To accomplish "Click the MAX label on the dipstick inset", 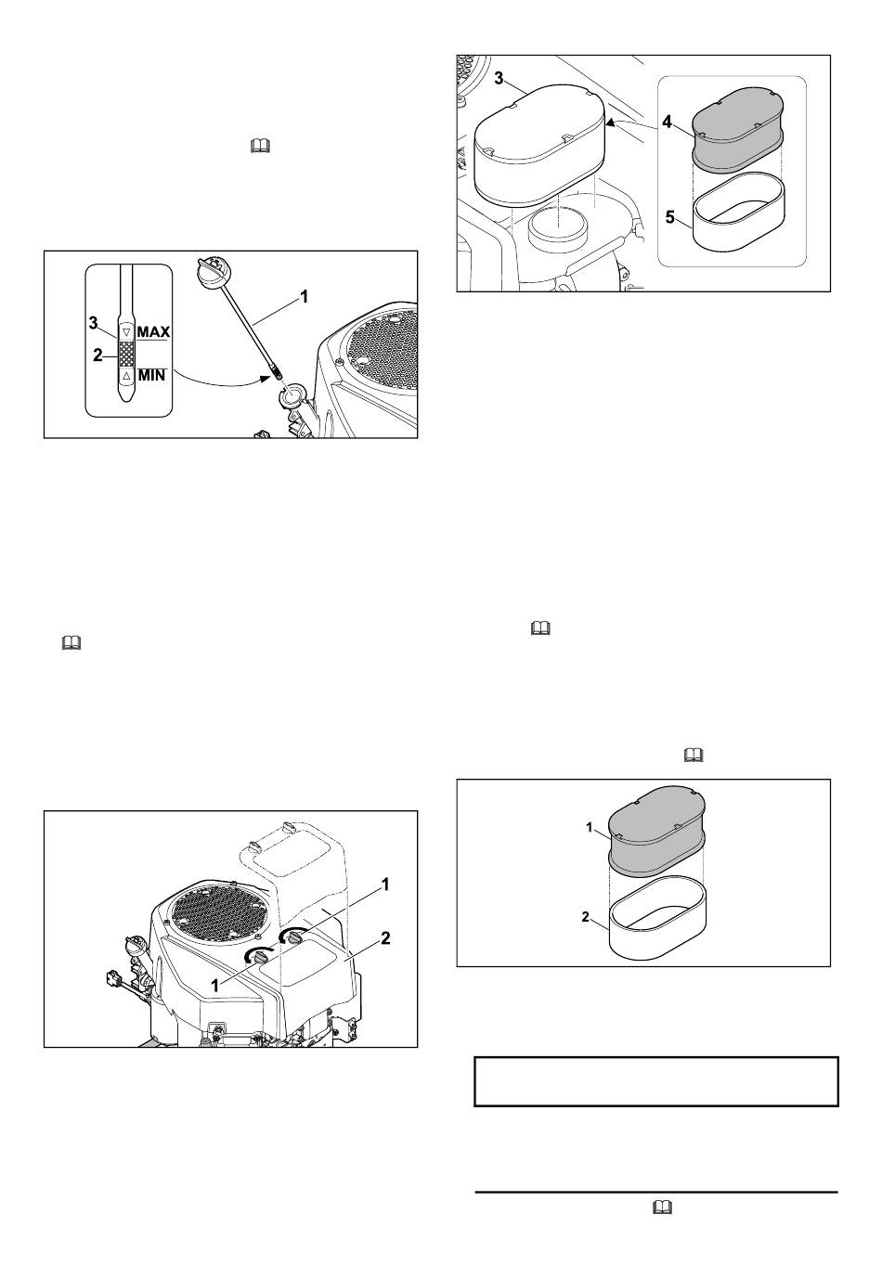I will [x=153, y=331].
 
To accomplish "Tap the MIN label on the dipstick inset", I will [x=151, y=376].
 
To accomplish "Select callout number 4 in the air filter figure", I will [x=666, y=122].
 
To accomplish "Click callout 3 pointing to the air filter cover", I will [x=499, y=79].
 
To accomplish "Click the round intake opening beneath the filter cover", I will [x=555, y=226].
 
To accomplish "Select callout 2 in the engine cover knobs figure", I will [x=385, y=937].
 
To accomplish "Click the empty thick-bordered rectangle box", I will [x=656, y=1081].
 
